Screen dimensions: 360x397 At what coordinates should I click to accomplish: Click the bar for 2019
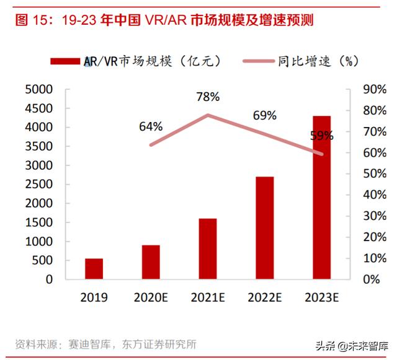94,269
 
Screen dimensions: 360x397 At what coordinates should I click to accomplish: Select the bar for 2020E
151,262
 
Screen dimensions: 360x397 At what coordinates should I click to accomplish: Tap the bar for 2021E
208,248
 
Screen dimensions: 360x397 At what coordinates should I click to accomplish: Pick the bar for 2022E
265,228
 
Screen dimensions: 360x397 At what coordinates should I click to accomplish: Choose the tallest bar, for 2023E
321,198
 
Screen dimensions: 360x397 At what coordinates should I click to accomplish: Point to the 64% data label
151,126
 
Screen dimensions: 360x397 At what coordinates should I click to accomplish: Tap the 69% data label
265,116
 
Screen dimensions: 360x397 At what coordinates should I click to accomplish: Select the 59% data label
322,134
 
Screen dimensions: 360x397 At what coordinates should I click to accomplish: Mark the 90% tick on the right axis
367,89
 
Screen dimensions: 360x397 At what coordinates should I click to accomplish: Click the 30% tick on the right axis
367,216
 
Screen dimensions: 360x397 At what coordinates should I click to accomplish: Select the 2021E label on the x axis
208,297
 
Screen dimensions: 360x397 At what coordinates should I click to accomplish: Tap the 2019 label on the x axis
94,297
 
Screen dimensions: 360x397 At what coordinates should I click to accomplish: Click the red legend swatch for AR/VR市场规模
66,61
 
